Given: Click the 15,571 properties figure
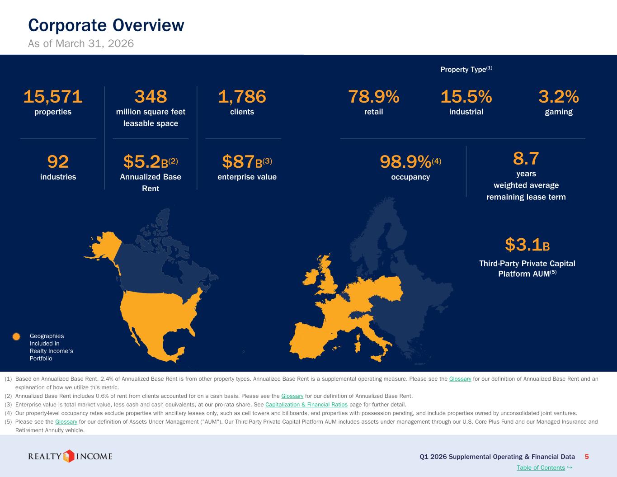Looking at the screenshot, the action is (x=53, y=97).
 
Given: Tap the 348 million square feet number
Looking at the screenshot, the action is (x=151, y=97).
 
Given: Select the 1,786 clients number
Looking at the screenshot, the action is (x=242, y=97).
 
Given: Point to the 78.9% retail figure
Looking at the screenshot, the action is (x=374, y=97).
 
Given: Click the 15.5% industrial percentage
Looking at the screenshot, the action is (x=466, y=97).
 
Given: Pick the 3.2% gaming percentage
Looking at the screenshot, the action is (x=559, y=97).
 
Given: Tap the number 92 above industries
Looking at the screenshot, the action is (x=58, y=161).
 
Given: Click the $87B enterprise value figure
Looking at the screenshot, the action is (x=247, y=161).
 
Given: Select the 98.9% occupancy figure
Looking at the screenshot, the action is (x=410, y=161).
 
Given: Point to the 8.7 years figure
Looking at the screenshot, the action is (x=526, y=158).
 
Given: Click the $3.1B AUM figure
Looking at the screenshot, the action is (x=528, y=245).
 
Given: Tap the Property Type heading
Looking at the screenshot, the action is (x=466, y=69).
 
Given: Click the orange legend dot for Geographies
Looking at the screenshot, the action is (x=16, y=336).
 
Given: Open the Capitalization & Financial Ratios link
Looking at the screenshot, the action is (x=306, y=405).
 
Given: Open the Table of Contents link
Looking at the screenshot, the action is (x=541, y=468).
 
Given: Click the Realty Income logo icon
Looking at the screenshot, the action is (x=69, y=456).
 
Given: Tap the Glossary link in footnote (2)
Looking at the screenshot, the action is (x=292, y=396).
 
